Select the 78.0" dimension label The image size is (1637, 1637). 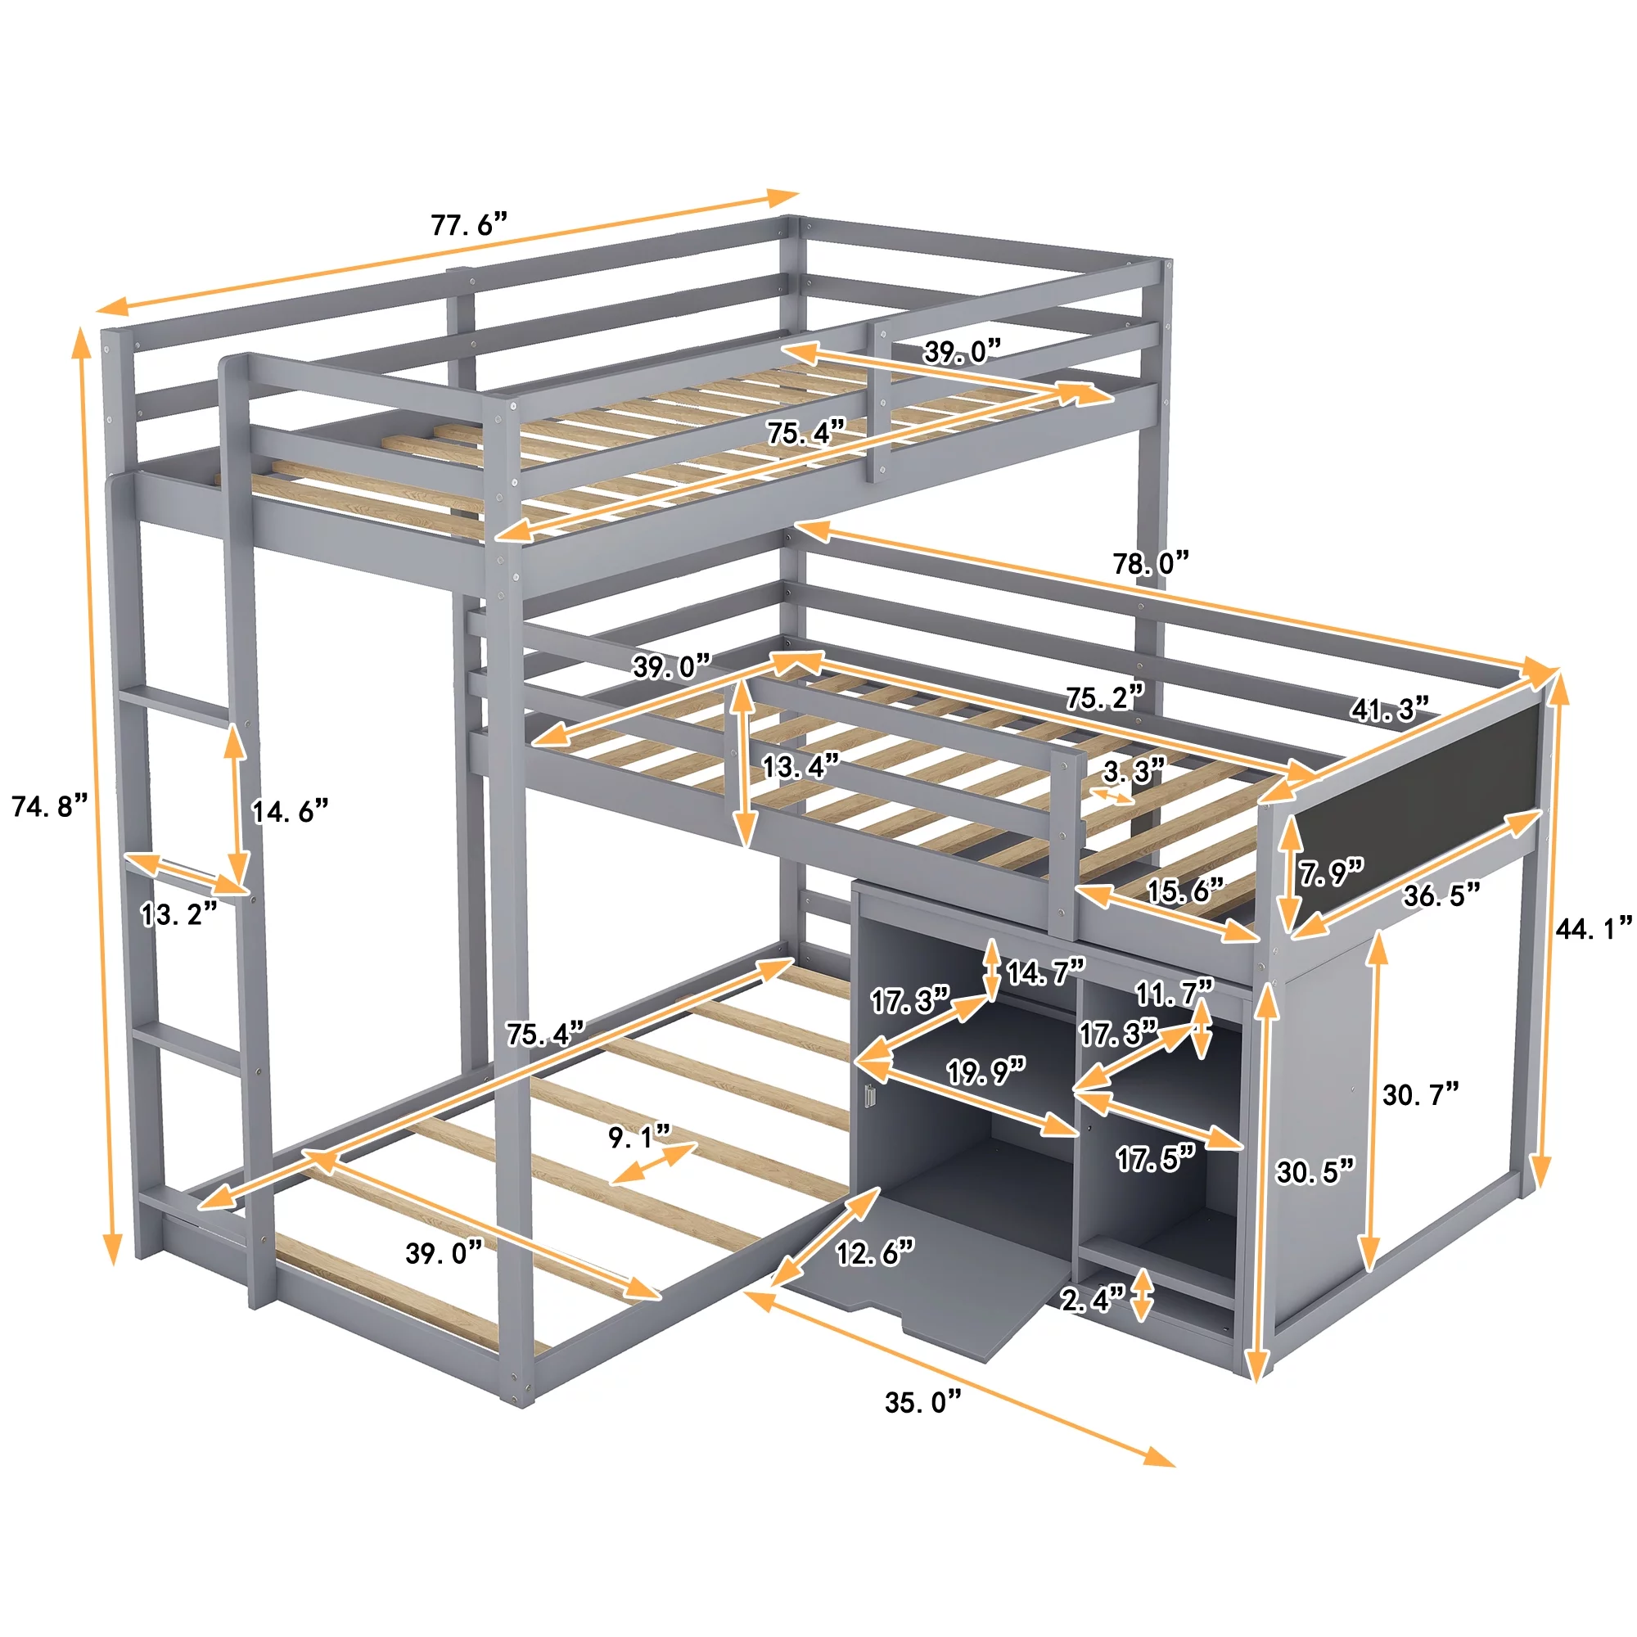[x=1151, y=562]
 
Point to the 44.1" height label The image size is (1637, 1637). [x=1594, y=929]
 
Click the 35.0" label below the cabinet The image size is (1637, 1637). [x=923, y=1401]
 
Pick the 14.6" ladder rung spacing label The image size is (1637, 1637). [x=290, y=812]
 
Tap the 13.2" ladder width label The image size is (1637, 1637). [x=178, y=914]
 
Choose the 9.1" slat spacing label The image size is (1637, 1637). [x=640, y=1137]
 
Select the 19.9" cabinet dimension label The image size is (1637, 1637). [x=986, y=1072]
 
